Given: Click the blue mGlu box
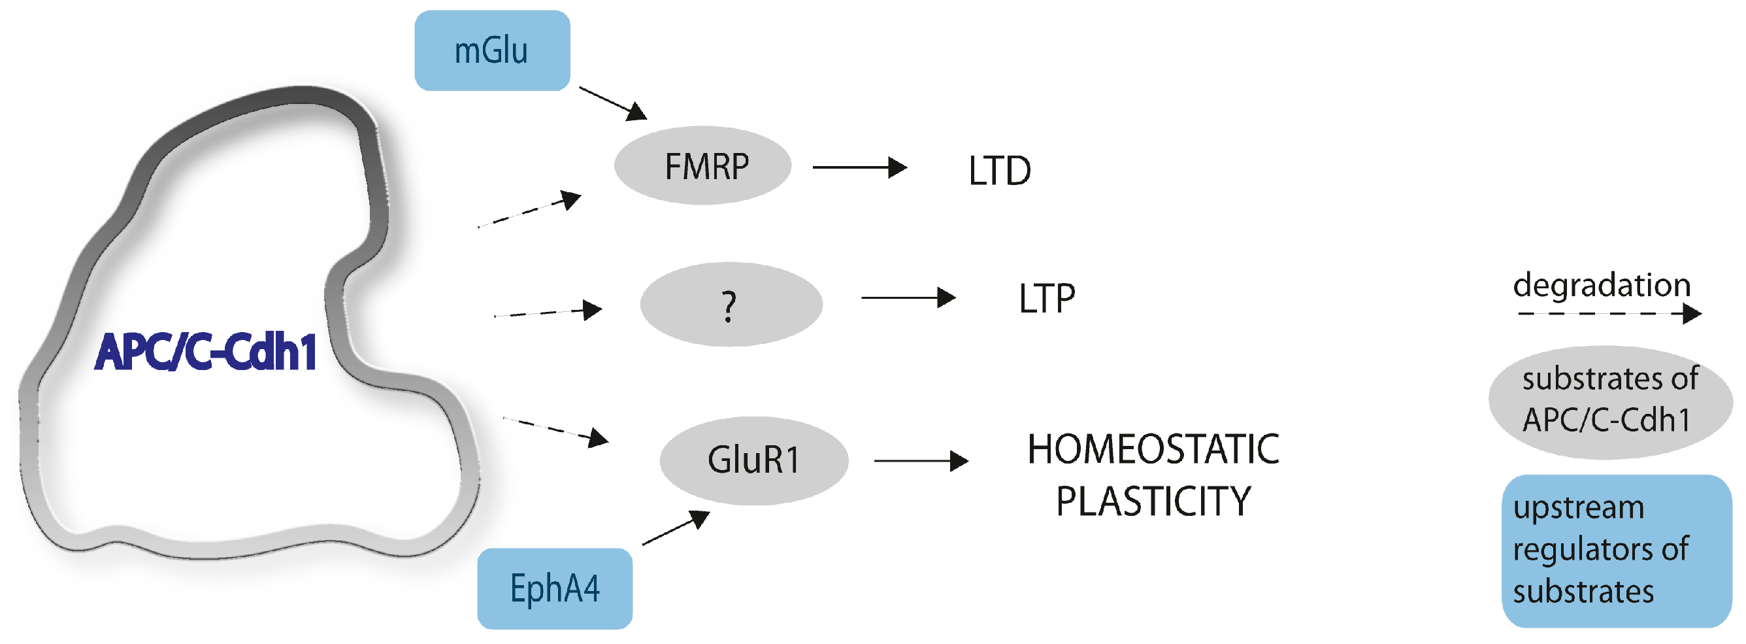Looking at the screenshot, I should (492, 51).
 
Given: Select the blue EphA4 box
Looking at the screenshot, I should (554, 588).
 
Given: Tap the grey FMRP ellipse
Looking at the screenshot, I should (703, 165).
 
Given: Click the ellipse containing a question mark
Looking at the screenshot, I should (731, 305).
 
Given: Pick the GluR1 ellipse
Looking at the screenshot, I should (753, 460).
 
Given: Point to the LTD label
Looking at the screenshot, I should (999, 171).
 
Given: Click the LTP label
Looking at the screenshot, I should (1047, 298).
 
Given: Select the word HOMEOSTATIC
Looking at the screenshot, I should (1153, 449).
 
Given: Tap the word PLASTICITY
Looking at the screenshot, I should (1153, 501).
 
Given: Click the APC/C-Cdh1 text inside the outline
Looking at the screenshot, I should (205, 352).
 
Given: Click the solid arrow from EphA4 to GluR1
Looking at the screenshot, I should (675, 528).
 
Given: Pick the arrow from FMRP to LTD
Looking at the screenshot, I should (859, 167).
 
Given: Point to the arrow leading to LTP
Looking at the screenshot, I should (908, 297).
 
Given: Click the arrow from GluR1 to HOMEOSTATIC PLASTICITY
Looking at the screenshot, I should (921, 461).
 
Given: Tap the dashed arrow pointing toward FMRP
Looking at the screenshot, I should (529, 211).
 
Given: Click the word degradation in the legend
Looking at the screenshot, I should (1602, 284).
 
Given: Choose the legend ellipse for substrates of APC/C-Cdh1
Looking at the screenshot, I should (1610, 401).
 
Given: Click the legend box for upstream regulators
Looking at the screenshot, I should (1617, 551).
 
